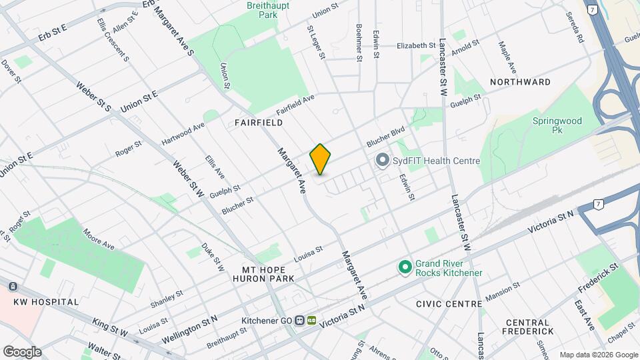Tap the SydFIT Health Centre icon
coord(382,161)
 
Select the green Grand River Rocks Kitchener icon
coord(404,268)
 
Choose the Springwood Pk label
coord(557,126)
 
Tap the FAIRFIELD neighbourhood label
coord(259,123)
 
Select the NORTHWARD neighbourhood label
coord(520,82)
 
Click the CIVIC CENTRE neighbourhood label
coord(448,304)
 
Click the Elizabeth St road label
coord(415,45)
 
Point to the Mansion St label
coord(503,291)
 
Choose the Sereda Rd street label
coord(575,27)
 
